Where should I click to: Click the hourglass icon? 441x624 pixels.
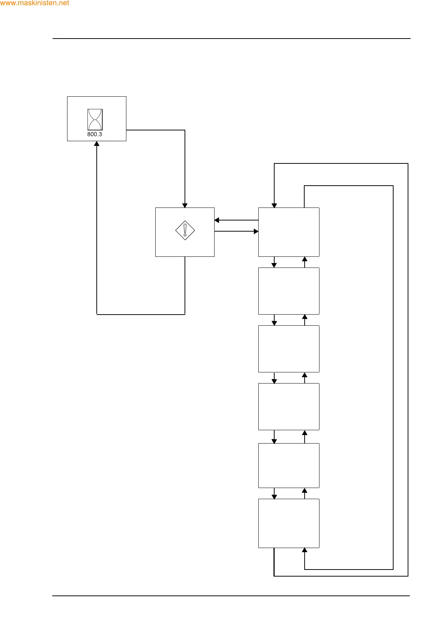[x=95, y=119]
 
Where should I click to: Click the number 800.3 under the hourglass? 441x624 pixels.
[x=94, y=135]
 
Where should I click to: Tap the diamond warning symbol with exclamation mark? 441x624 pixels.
[x=185, y=230]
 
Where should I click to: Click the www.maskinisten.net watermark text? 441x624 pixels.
[x=34, y=3]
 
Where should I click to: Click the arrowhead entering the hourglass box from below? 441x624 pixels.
[x=97, y=144]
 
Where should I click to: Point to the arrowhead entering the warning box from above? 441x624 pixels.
[x=185, y=205]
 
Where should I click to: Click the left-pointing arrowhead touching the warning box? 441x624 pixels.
[x=217, y=220]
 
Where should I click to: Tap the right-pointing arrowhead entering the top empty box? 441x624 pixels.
[x=256, y=231]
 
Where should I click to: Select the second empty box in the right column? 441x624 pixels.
[x=289, y=291]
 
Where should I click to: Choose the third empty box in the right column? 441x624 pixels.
[x=289, y=349]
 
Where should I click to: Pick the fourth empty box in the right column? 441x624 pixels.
[x=289, y=406]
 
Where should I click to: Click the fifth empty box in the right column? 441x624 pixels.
[x=289, y=465]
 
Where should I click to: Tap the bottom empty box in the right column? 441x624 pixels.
[x=289, y=523]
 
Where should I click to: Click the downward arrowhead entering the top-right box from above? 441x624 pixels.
[x=274, y=205]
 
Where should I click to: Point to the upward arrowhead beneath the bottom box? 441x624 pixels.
[x=305, y=551]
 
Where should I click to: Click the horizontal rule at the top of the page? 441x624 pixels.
[x=231, y=39]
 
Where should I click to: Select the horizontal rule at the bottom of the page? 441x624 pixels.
[x=231, y=596]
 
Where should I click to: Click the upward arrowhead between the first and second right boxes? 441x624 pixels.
[x=305, y=259]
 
